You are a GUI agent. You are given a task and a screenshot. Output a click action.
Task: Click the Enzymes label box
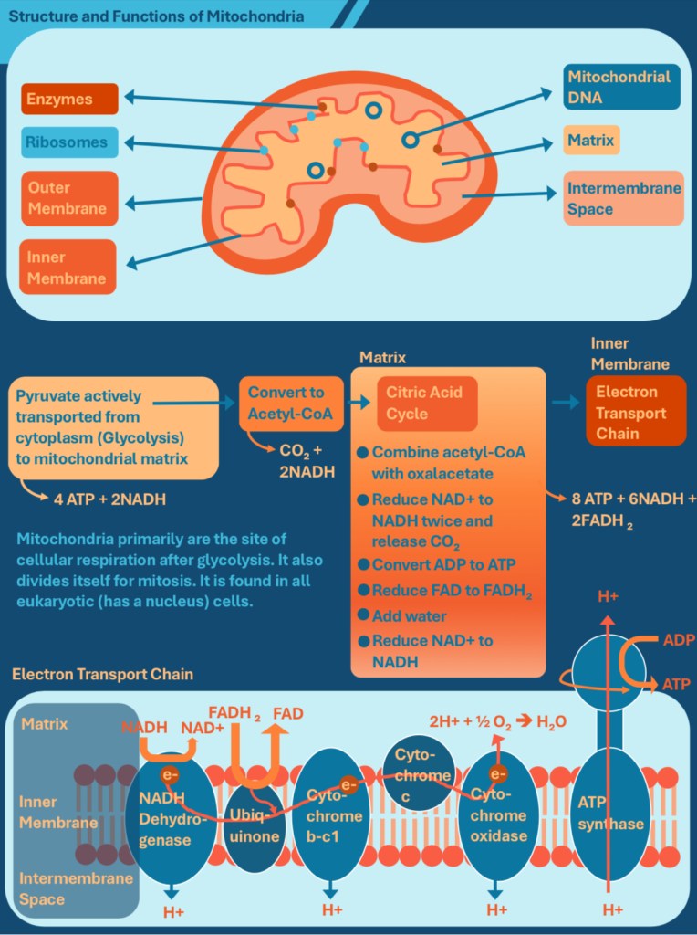click(70, 99)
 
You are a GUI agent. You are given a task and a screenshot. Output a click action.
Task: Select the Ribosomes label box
click(70, 142)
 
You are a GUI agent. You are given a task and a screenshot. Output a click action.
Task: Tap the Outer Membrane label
click(70, 198)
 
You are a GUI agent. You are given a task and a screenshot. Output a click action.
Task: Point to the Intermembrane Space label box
click(623, 198)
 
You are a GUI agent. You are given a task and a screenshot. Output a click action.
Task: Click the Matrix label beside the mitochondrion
click(590, 141)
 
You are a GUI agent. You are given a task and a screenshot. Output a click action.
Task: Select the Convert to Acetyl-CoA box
click(286, 404)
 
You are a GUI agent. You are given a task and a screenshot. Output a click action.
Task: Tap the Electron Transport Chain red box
click(635, 413)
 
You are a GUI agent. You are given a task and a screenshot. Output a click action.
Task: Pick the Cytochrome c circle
click(421, 776)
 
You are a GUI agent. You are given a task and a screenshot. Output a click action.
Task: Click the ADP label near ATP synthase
click(679, 639)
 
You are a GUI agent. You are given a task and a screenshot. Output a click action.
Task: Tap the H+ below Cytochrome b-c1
click(332, 910)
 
